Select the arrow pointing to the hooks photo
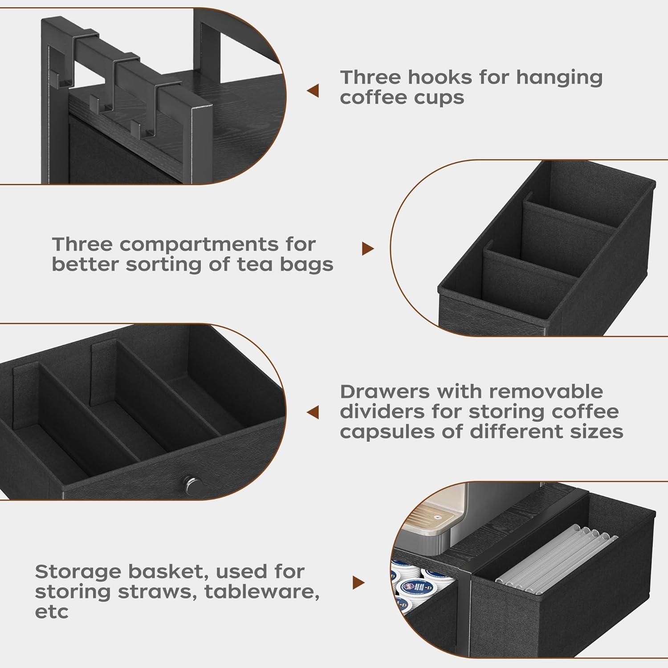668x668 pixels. coord(313,91)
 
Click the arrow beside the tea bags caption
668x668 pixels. coord(367,249)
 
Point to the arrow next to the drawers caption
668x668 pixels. coord(313,412)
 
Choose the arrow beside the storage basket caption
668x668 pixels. coord(358,582)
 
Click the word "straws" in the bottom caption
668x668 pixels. coord(154,592)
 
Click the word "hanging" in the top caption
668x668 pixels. coord(559,77)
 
